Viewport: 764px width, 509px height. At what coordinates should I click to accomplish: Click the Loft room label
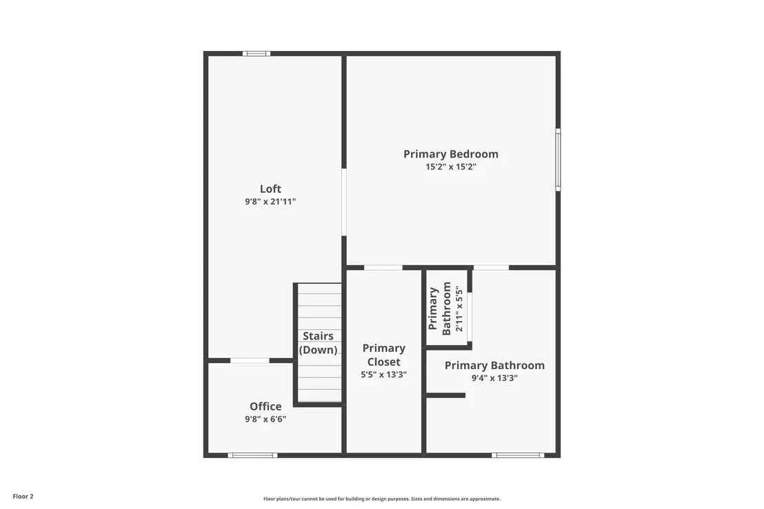(270, 189)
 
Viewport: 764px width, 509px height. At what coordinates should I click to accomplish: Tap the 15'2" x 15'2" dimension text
(451, 167)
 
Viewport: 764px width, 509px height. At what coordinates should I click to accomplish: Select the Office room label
(265, 406)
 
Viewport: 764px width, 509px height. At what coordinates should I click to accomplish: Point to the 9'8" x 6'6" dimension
(265, 419)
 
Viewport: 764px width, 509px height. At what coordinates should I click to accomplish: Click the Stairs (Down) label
(319, 342)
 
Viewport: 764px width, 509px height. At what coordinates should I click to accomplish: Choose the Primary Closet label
(384, 355)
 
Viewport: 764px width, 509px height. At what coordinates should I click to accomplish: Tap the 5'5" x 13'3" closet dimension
(384, 375)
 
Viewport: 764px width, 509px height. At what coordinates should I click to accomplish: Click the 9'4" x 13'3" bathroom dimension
(494, 378)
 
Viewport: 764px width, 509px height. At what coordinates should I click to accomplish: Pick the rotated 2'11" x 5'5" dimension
(459, 309)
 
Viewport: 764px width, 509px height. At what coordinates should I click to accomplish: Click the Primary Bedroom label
(451, 154)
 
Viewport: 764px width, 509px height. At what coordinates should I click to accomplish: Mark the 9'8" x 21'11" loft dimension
(270, 201)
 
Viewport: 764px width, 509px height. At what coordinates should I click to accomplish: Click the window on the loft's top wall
(257, 54)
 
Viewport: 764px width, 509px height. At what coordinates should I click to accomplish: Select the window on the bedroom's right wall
(558, 160)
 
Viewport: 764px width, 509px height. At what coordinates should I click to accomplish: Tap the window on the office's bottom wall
(252, 455)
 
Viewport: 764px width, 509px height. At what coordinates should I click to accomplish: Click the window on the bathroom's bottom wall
(517, 455)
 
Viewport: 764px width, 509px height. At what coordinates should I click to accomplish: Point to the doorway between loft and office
(250, 361)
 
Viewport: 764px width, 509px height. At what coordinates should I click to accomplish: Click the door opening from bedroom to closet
(383, 268)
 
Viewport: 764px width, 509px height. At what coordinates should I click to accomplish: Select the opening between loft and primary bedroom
(344, 202)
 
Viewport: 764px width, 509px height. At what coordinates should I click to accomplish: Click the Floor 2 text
(23, 497)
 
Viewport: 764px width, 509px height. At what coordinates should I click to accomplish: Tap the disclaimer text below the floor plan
(382, 499)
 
